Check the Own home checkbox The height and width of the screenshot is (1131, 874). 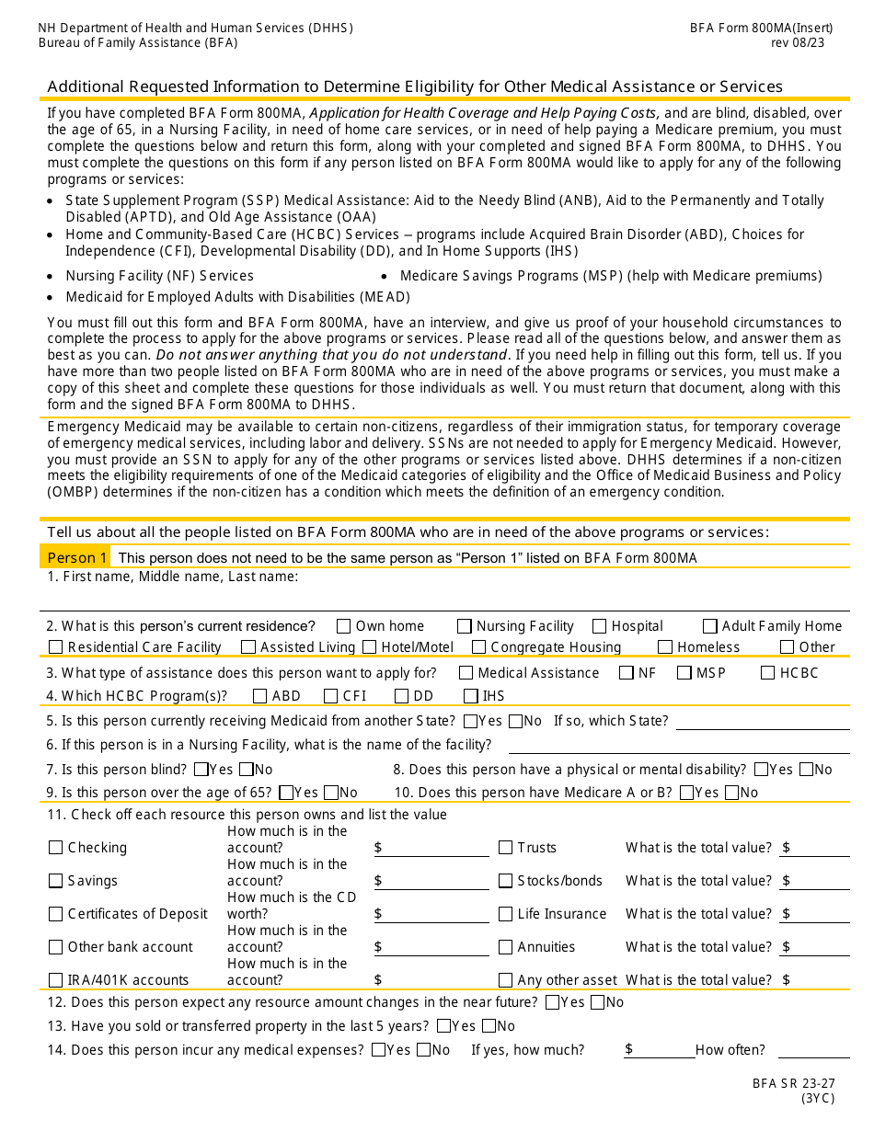(x=344, y=626)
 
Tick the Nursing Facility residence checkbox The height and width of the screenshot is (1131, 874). (x=465, y=626)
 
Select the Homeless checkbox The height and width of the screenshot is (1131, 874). (x=665, y=647)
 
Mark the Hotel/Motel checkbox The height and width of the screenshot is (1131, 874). (x=369, y=647)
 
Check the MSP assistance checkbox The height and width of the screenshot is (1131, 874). (x=684, y=673)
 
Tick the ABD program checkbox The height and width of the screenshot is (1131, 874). (x=260, y=696)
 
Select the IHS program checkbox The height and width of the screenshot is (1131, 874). (x=471, y=696)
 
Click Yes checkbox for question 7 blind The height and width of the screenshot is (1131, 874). (x=199, y=770)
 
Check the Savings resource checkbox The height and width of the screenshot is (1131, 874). (x=56, y=881)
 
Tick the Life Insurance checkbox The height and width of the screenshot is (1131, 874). (x=505, y=914)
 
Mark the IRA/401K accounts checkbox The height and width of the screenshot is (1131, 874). (x=56, y=980)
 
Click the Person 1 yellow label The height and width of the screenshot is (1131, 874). (x=76, y=558)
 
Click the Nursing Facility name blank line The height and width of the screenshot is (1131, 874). (x=678, y=746)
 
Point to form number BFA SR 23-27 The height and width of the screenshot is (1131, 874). (x=793, y=1084)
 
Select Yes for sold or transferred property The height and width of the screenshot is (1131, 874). (x=444, y=1026)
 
